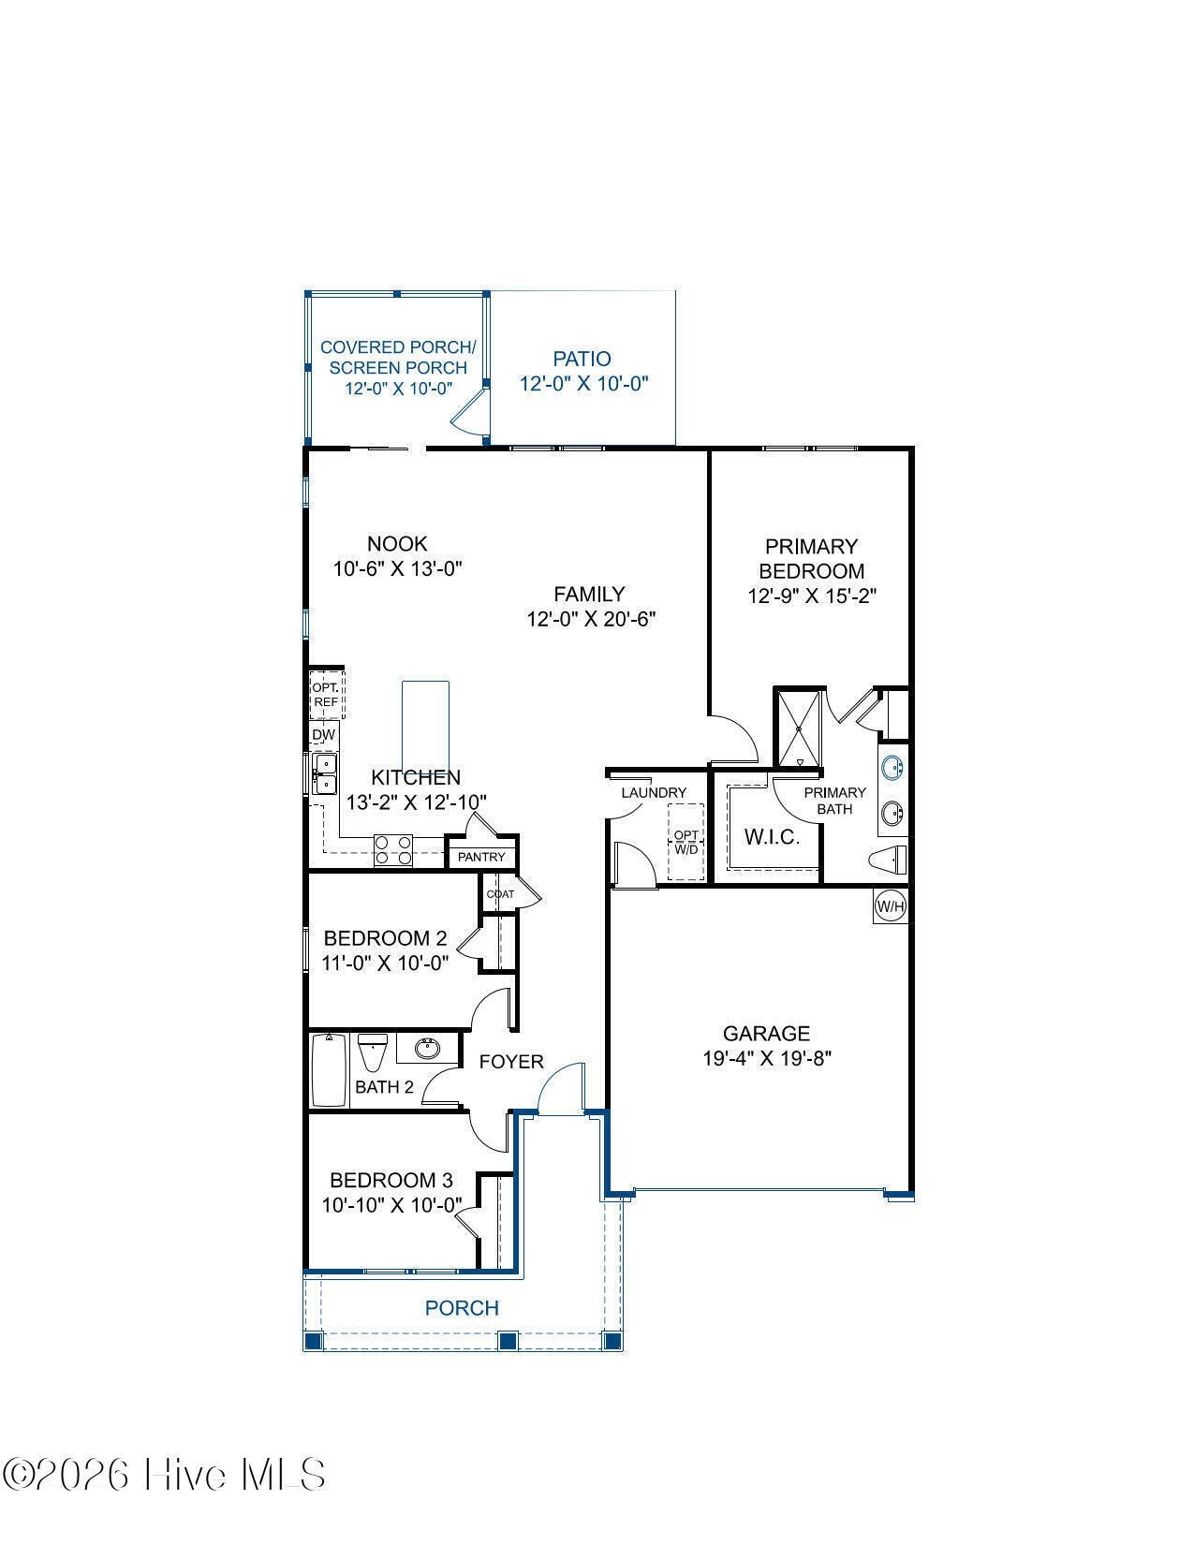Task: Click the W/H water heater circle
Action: [x=891, y=906]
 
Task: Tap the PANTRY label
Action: [x=480, y=857]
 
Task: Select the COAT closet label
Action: [x=500, y=893]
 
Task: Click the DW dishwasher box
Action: [x=324, y=734]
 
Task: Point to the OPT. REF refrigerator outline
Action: [x=327, y=695]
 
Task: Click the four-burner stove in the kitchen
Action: [x=393, y=849]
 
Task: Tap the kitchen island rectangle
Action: [x=425, y=726]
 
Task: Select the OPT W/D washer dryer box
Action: [x=686, y=841]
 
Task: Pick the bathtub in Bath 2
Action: [x=330, y=1070]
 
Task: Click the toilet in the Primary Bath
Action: [x=889, y=860]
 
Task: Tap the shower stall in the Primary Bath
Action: [x=800, y=728]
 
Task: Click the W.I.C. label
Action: [x=772, y=837]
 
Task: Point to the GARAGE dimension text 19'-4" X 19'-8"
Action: [x=767, y=1059]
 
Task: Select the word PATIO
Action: [x=582, y=359]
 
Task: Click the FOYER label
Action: [x=511, y=1062]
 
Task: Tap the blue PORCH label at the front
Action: [x=462, y=1307]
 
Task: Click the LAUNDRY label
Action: [x=654, y=792]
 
